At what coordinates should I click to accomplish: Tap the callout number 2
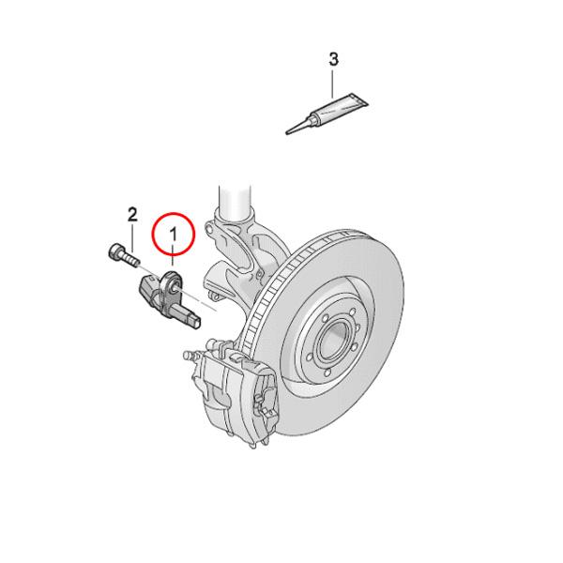point(132,214)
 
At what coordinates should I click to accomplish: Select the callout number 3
point(333,60)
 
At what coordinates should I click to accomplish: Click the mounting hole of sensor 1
point(172,279)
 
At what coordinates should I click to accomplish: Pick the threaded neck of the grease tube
point(309,121)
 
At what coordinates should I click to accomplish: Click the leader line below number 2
point(132,237)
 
